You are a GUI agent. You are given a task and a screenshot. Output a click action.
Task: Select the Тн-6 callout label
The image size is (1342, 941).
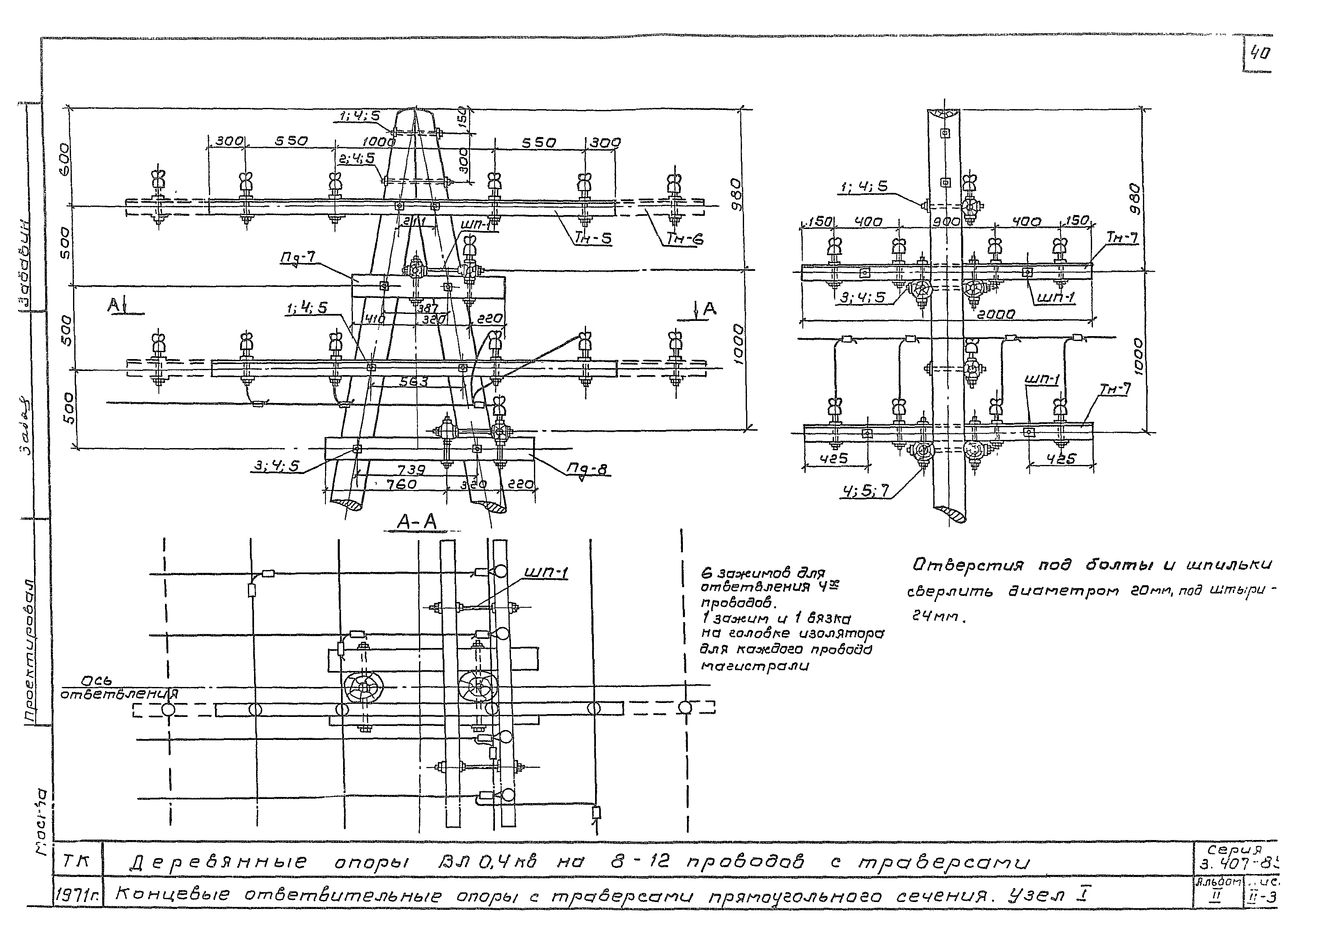pos(685,239)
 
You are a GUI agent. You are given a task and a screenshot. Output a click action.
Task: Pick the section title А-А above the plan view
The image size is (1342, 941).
pos(417,522)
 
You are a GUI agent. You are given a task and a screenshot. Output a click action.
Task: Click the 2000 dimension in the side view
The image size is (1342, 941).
pos(995,314)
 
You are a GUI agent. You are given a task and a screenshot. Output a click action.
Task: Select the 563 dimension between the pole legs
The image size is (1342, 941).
pos(414,382)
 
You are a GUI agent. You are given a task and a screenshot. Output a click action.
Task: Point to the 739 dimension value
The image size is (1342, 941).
pos(412,469)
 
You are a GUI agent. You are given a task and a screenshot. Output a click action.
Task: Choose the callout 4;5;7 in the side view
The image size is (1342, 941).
pos(865,492)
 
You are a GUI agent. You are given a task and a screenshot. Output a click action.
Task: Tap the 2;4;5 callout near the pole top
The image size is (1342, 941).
pos(357,158)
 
